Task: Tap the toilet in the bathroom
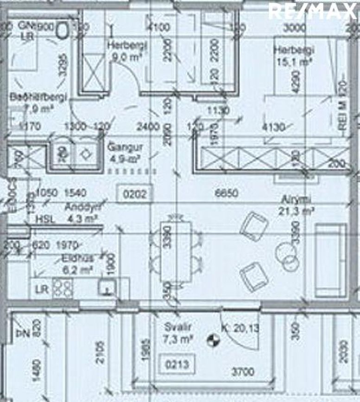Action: pyautogui.click(x=62, y=31)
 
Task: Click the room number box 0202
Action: pyautogui.click(x=135, y=193)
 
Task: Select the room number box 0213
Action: pyautogui.click(x=177, y=364)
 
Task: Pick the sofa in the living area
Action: pyautogui.click(x=330, y=260)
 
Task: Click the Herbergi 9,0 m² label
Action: pyautogui.click(x=127, y=51)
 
